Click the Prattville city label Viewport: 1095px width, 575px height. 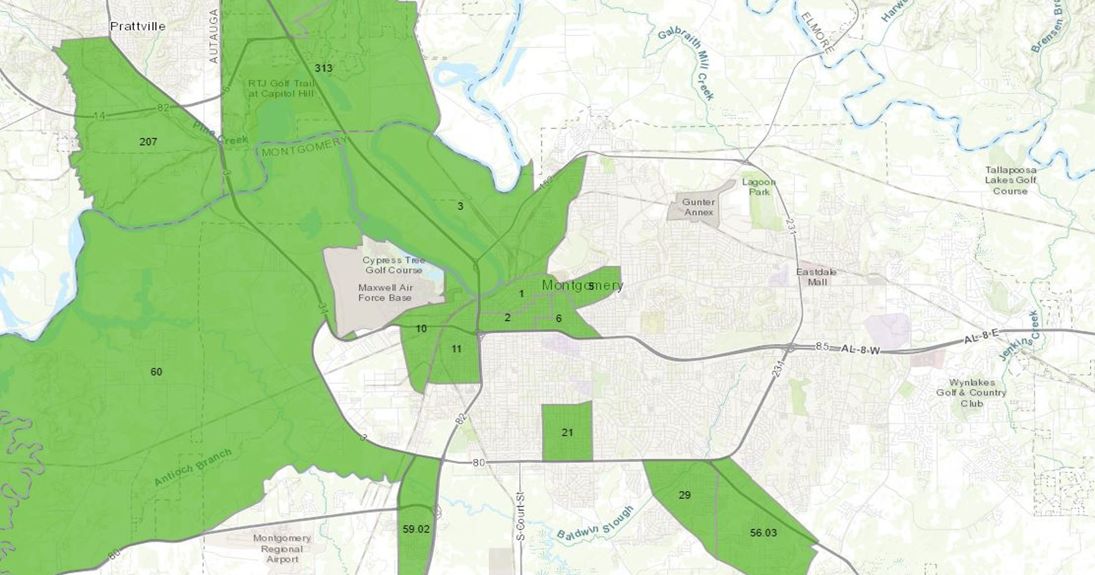coord(138,26)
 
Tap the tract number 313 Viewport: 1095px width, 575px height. coord(323,68)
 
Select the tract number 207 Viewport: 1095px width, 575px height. coord(148,142)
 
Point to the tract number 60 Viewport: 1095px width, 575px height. coord(156,372)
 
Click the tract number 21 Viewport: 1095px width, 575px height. coord(567,433)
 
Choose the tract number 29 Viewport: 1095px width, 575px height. coord(684,495)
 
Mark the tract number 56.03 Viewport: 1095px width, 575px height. coord(763,533)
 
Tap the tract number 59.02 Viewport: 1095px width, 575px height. coord(416,529)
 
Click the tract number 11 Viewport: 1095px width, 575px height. coord(456,349)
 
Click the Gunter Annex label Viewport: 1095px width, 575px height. coord(698,207)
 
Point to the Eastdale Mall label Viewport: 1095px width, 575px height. coord(816,277)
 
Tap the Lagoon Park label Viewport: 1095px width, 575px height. coord(759,187)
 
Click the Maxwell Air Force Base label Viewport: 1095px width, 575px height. coord(385,293)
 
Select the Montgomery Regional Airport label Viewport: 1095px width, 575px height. coord(282,549)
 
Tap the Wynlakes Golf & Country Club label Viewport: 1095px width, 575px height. coord(971,392)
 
